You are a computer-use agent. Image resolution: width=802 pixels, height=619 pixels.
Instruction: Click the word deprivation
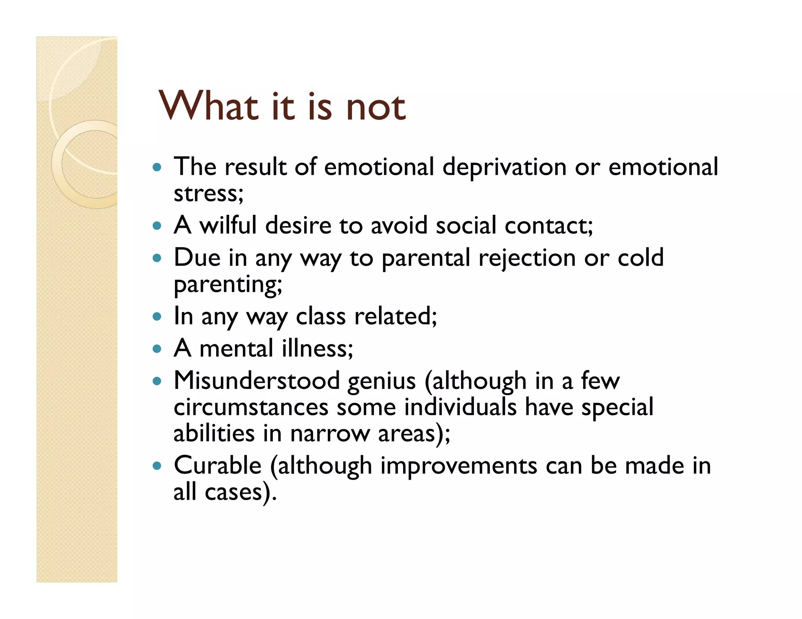tap(504, 167)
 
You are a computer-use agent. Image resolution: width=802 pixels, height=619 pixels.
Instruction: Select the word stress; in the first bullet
tap(208, 194)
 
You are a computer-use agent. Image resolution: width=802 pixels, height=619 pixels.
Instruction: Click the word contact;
tap(549, 226)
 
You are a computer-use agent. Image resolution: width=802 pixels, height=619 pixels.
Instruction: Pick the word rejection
tap(527, 259)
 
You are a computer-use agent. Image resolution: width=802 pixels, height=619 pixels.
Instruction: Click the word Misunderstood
tap(256, 381)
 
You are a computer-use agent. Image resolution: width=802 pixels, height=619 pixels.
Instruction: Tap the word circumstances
tap(251, 407)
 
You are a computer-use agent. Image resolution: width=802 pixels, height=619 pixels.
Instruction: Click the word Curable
tap(217, 466)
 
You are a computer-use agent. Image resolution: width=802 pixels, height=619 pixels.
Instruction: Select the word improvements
tap(459, 466)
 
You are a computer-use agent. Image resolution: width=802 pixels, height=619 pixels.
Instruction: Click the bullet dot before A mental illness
tap(157, 349)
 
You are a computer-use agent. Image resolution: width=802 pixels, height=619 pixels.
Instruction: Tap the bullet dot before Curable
tap(157, 466)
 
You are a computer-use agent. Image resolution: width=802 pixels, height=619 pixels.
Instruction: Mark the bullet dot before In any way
tap(157, 316)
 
